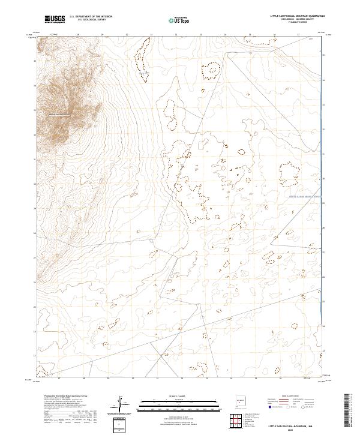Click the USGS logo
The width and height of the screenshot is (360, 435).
point(56,19)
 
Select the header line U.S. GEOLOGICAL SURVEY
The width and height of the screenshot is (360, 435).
point(91,20)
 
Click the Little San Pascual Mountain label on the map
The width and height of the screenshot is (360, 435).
point(60,115)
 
